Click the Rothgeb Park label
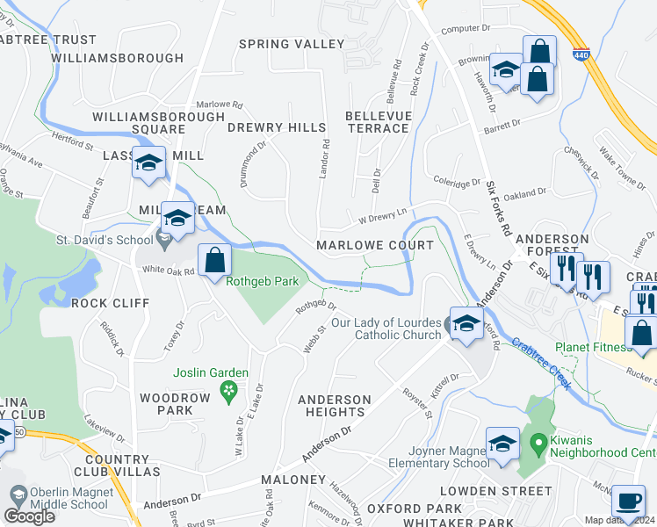point(263,282)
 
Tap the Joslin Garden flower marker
point(229,390)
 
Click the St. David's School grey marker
point(164,236)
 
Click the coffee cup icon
point(627,500)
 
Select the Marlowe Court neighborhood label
point(375,245)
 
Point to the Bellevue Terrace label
point(377,122)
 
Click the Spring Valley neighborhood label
point(292,44)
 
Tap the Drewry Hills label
point(276,127)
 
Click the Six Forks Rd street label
point(500,211)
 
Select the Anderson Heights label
point(331,406)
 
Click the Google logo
point(29,516)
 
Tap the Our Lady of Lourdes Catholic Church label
point(386,328)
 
